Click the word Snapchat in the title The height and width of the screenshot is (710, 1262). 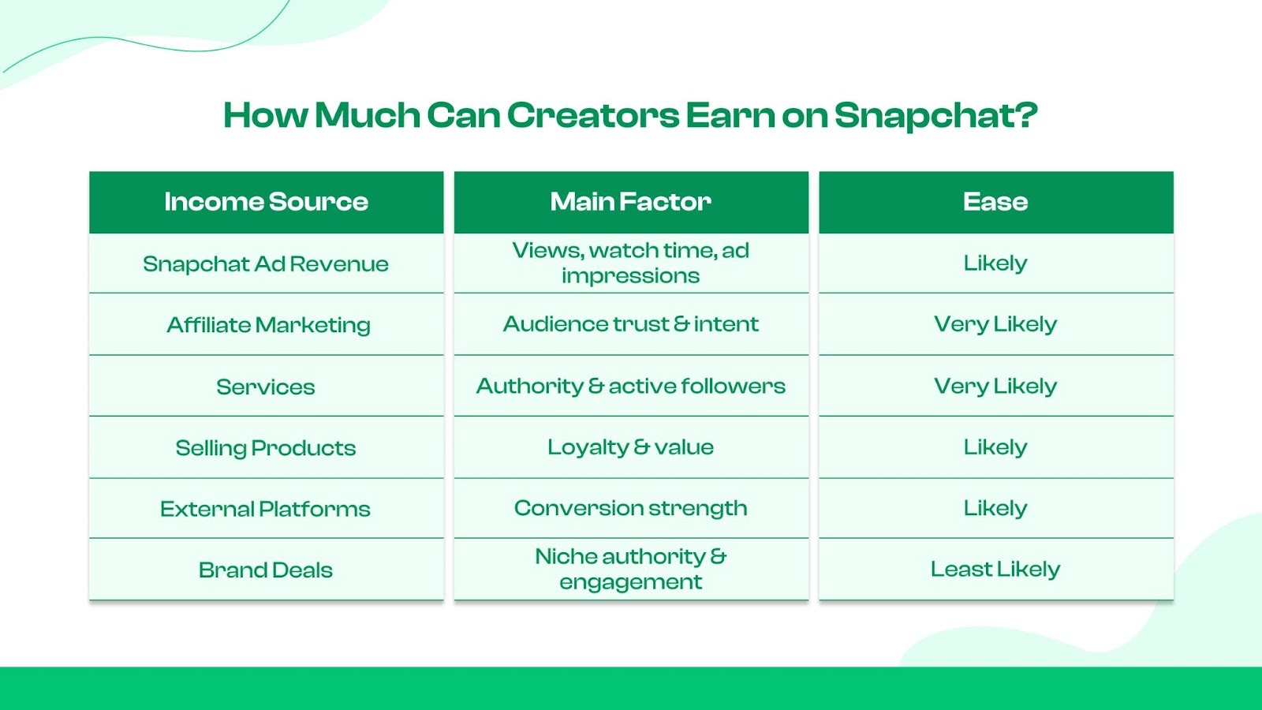935,116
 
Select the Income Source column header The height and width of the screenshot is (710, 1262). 266,202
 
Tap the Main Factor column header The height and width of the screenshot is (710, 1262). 630,202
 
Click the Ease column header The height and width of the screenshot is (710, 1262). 995,202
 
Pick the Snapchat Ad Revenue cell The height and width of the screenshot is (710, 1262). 266,263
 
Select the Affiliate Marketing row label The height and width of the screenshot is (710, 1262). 268,325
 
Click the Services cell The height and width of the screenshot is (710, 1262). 266,387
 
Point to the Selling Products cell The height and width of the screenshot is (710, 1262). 266,448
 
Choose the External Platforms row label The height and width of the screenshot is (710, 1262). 265,509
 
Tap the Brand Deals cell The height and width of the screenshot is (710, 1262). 266,570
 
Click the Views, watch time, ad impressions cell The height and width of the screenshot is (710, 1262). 630,263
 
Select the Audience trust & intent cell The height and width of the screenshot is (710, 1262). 630,324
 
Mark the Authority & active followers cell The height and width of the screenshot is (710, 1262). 630,386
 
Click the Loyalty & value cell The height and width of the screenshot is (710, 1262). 630,447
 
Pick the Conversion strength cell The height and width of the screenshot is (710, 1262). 630,508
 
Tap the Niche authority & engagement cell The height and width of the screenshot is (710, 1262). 630,569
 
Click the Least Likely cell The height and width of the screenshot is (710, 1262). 995,569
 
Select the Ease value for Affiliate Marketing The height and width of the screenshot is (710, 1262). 995,324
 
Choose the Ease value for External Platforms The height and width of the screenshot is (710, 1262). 995,508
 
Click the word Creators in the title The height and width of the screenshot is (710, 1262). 592,116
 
